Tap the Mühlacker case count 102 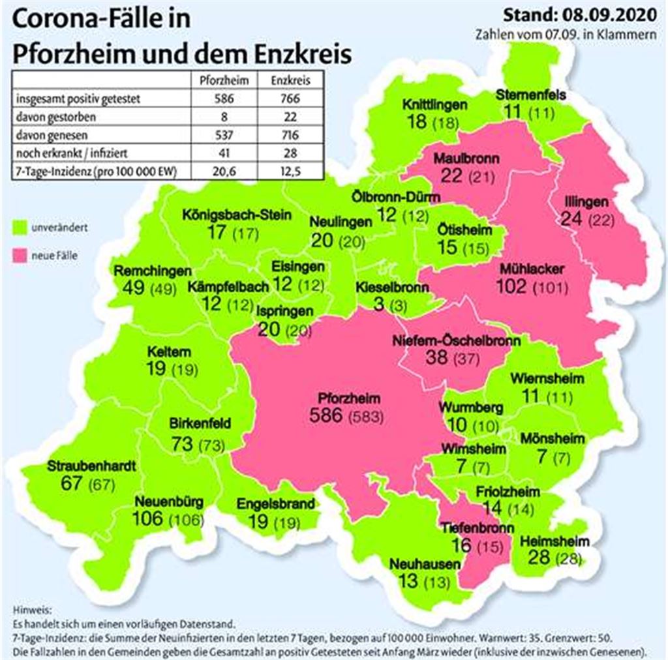(514, 286)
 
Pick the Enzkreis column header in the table (286, 82)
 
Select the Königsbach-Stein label (237, 215)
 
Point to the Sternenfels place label (530, 95)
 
